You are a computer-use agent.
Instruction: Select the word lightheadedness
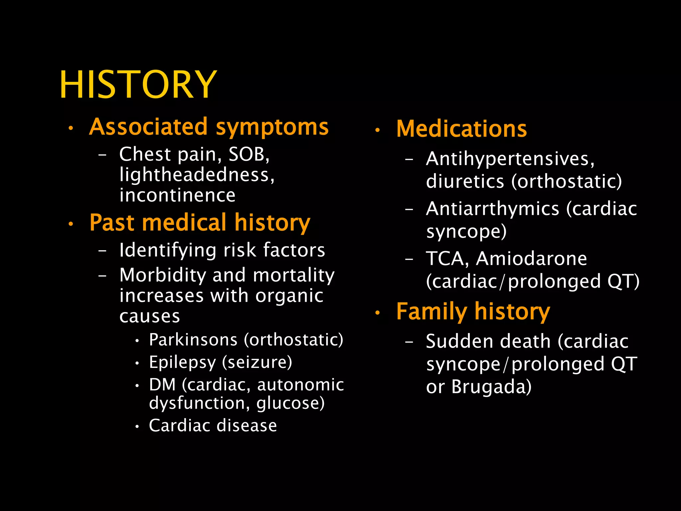coord(196,175)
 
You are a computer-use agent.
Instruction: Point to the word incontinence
coord(177,195)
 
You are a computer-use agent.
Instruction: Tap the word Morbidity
coord(163,275)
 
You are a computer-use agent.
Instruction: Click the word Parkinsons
coord(193,340)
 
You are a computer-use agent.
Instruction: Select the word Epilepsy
coord(182,362)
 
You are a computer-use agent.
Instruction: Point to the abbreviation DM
coord(162,385)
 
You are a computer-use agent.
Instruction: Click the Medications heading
coord(462,129)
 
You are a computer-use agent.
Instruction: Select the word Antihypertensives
coord(510,159)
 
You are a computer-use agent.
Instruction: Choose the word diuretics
coord(465,182)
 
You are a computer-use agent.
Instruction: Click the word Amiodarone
coord(531,258)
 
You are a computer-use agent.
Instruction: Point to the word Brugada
coord(491,387)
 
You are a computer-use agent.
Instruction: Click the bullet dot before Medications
coord(377,130)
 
